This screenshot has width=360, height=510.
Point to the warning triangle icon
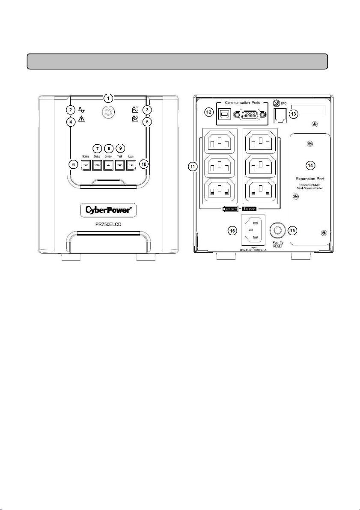pos(81,119)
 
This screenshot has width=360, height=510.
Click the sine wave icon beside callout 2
pos(81,109)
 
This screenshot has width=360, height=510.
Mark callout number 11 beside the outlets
pos(193,167)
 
